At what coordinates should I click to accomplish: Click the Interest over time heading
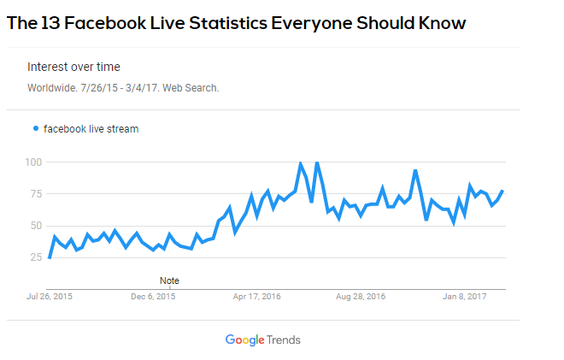point(73,67)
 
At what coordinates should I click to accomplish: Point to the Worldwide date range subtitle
point(123,87)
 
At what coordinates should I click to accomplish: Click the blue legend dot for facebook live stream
point(35,129)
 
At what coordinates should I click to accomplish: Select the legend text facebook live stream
point(91,129)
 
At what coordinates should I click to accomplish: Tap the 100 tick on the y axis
point(34,162)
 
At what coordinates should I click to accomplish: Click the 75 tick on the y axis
point(36,193)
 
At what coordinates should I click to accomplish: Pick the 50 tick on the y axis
point(36,225)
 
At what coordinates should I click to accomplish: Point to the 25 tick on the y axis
point(36,257)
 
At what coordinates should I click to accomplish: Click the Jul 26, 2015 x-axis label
point(49,296)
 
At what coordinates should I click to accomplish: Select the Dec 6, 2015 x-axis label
point(153,296)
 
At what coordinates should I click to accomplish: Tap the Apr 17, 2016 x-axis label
point(258,296)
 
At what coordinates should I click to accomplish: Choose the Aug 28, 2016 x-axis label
point(361,296)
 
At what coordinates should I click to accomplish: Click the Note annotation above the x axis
point(169,280)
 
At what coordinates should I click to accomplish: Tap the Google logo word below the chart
point(245,339)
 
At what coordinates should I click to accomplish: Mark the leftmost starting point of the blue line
point(50,257)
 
